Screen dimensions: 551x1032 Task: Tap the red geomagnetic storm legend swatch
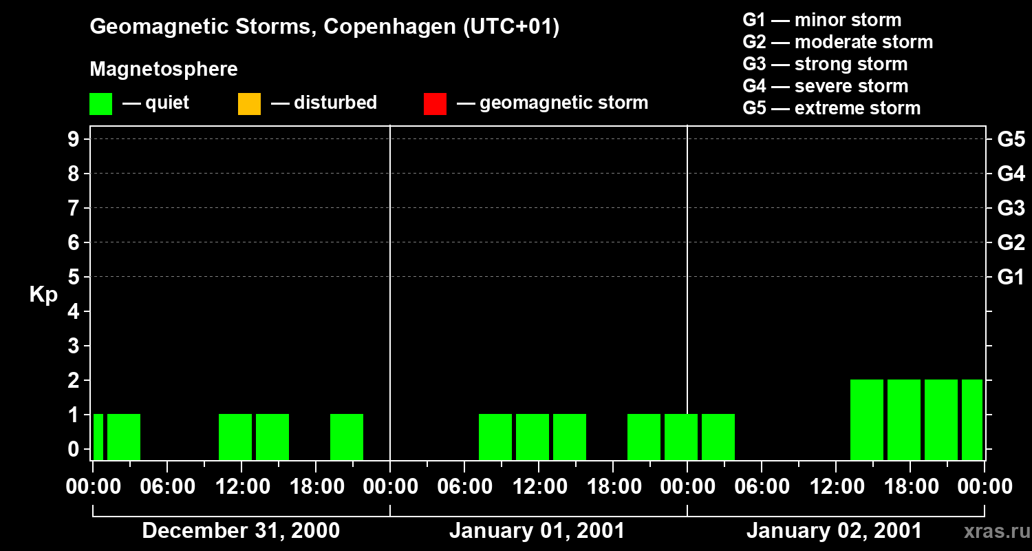click(435, 103)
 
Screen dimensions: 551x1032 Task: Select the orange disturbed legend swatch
click(249, 103)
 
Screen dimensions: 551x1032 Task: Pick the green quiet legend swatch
click(100, 103)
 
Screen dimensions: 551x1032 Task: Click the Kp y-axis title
click(43, 295)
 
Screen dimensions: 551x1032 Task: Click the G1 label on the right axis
click(1011, 278)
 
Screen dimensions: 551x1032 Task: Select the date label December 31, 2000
click(240, 531)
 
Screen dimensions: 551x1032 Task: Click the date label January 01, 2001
click(537, 531)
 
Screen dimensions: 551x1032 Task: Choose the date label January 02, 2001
click(834, 531)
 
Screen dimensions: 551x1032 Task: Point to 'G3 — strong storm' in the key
click(825, 64)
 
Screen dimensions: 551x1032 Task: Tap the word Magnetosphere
click(164, 70)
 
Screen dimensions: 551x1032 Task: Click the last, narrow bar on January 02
click(972, 419)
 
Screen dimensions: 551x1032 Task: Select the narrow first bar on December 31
click(98, 437)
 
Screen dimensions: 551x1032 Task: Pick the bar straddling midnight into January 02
click(681, 437)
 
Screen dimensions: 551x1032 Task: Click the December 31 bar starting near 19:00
click(347, 437)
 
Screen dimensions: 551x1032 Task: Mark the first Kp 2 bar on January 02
click(867, 419)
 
